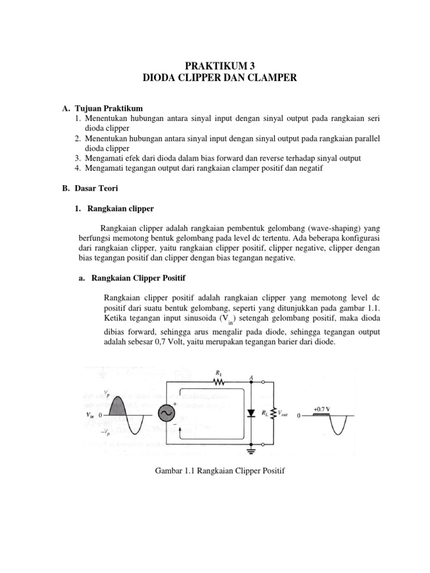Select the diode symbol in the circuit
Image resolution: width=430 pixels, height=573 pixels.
pos(251,413)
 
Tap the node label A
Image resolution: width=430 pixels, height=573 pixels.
pos(251,377)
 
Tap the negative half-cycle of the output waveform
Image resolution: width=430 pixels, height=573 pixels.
pos(338,428)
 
